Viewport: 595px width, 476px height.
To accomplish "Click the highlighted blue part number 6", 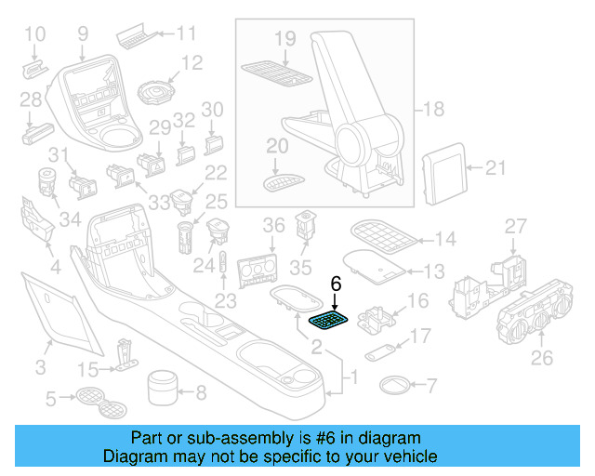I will (x=330, y=321).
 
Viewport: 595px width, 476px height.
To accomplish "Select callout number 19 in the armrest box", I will (x=284, y=38).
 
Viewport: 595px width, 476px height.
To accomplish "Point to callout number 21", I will (x=497, y=167).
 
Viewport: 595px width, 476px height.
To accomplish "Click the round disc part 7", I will (x=394, y=383).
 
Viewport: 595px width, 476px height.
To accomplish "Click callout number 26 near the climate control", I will (x=540, y=358).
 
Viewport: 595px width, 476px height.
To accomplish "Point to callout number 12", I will (x=192, y=63).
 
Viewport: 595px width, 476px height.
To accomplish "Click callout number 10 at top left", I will (x=34, y=35).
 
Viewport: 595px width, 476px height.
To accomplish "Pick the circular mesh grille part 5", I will (x=91, y=400).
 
